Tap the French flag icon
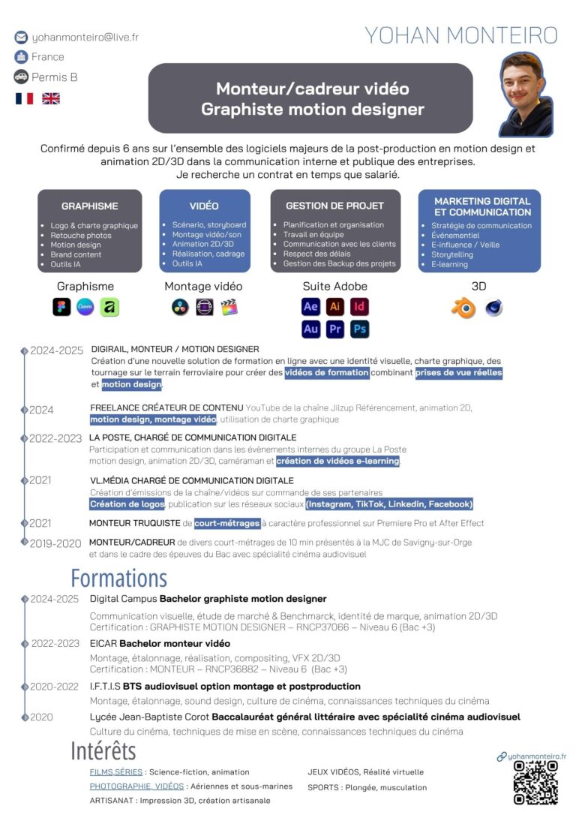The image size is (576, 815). tap(24, 98)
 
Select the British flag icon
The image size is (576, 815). tap(50, 98)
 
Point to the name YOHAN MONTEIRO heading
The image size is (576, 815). tap(461, 35)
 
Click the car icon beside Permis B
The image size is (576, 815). tap(20, 77)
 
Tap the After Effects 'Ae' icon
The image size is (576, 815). tap(310, 306)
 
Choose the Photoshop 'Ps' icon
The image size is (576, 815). tap(360, 329)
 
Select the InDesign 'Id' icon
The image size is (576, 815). tap(360, 306)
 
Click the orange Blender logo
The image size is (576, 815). tap(463, 308)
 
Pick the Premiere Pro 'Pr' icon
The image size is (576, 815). tap(335, 329)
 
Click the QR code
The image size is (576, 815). tap(535, 783)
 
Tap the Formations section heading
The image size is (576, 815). tap(118, 578)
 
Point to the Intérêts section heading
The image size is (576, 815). tap(103, 750)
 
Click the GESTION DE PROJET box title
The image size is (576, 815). tap(334, 206)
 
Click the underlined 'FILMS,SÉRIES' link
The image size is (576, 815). tap(116, 771)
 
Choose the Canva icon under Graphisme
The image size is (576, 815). tap(85, 307)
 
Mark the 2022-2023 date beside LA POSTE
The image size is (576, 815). tap(55, 438)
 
